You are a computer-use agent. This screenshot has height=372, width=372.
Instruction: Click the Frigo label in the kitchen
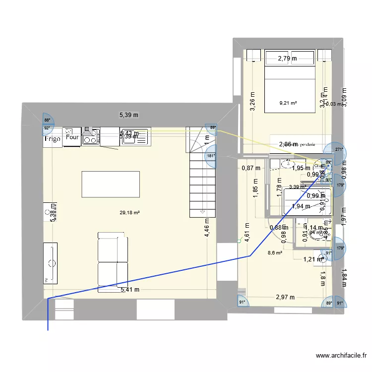coord(52,139)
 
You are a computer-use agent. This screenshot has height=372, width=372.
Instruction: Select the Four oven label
coord(72,138)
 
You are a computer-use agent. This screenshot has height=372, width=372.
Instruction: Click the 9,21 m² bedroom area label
coord(288,103)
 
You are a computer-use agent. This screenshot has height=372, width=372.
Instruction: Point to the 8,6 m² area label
coord(275,252)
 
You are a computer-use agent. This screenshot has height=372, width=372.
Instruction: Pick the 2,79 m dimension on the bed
coord(287,59)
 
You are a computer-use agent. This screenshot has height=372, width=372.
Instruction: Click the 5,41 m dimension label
coord(129,290)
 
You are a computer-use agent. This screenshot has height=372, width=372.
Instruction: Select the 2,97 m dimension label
coord(285,298)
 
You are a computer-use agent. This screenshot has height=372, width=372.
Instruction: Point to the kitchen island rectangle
coord(111,184)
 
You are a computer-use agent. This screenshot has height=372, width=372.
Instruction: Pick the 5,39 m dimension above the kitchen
coord(129,115)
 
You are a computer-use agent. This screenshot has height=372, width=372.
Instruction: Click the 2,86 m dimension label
coord(288,144)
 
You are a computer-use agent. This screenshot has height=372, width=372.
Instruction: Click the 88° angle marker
coord(47,120)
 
